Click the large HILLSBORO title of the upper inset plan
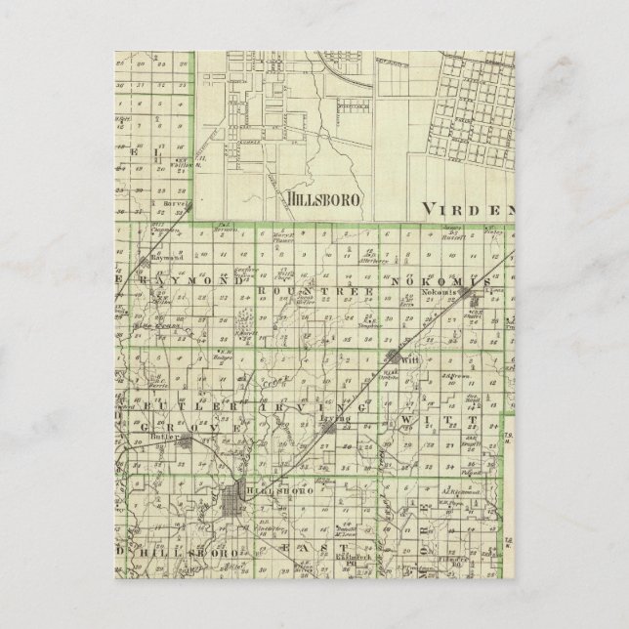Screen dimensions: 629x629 [325, 197]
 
